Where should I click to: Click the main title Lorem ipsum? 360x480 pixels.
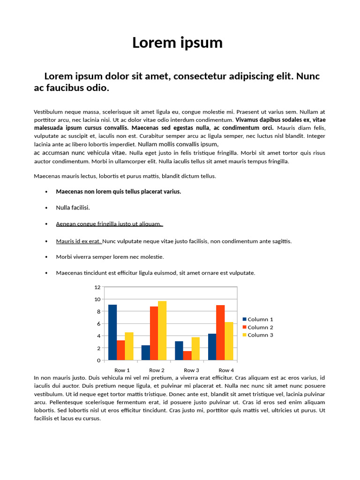coord(177,43)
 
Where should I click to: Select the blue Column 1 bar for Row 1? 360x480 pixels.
coord(112,332)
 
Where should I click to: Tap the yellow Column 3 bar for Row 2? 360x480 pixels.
coord(162,330)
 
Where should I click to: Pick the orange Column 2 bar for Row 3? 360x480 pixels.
coord(187,355)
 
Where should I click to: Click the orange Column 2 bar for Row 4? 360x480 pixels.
coord(220,332)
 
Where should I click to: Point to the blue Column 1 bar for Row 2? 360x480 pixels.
coord(145,352)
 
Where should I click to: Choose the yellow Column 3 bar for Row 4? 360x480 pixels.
coord(229,341)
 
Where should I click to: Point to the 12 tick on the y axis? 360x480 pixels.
coord(97,287)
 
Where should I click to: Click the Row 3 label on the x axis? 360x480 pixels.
coord(191,370)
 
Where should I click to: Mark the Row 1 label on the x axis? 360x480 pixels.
coord(122,370)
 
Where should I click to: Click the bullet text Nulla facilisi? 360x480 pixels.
coord(73,207)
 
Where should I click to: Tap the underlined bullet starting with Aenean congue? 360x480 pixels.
coord(109,224)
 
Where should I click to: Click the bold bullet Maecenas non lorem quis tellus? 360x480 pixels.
coord(118,191)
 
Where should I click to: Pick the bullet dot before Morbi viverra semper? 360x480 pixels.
coord(46,257)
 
